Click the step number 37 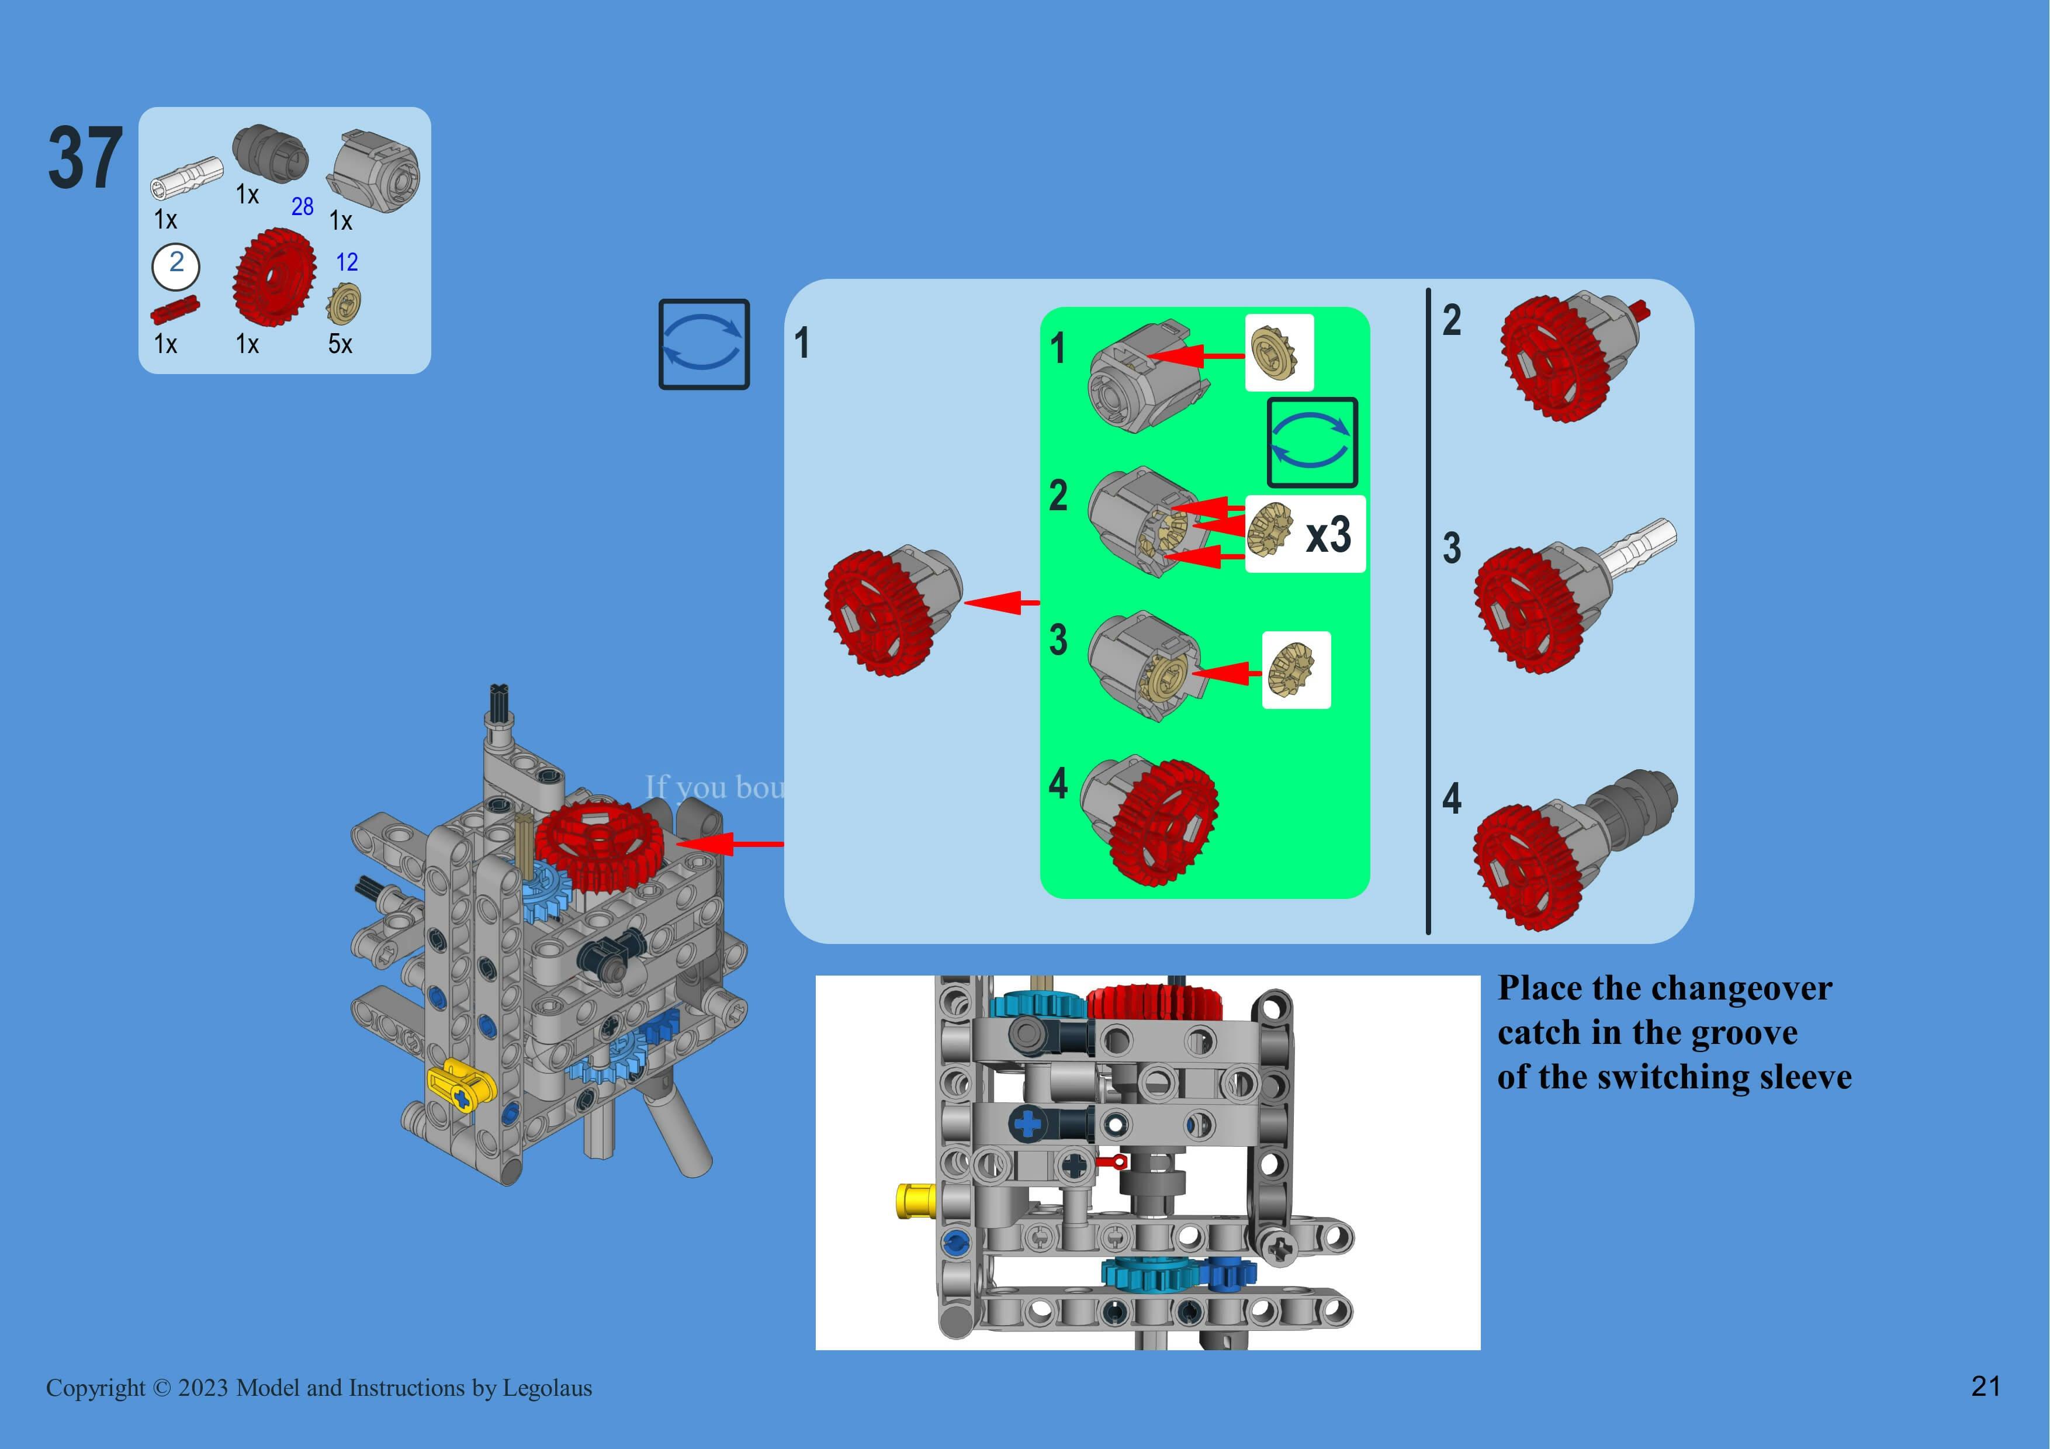point(85,159)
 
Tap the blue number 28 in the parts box point(302,207)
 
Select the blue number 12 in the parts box point(347,262)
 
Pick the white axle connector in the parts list point(186,175)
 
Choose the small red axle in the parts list point(174,309)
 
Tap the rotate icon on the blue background point(704,344)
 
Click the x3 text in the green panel point(1328,535)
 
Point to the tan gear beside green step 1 point(1277,352)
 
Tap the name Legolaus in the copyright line point(546,1388)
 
